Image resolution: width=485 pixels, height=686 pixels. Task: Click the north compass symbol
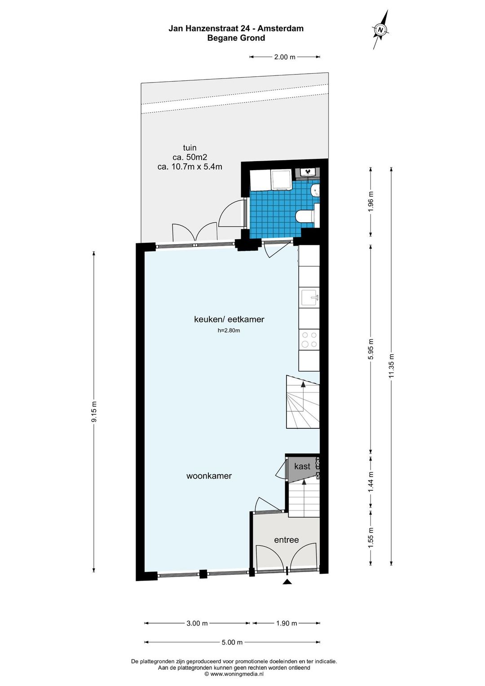[x=380, y=30]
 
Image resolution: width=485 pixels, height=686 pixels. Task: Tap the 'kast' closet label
[x=302, y=466]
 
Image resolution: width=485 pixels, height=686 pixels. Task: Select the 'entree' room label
[x=286, y=540]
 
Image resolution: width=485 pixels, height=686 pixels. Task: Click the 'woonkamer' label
[x=209, y=475]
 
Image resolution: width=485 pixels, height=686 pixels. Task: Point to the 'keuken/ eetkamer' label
[x=229, y=319]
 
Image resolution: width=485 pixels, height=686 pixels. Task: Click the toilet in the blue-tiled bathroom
[x=304, y=216]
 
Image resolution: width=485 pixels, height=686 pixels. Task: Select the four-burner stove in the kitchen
[x=309, y=339]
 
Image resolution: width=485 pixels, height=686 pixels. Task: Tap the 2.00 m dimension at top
[x=285, y=57]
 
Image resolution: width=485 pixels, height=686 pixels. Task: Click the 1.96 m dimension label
[x=371, y=201]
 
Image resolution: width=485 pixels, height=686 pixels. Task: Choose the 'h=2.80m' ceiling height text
[x=229, y=330]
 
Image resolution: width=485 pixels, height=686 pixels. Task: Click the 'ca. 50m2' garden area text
[x=190, y=157]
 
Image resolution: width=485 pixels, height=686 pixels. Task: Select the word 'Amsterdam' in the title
[x=280, y=28]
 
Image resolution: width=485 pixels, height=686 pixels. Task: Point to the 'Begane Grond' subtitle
[x=236, y=38]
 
